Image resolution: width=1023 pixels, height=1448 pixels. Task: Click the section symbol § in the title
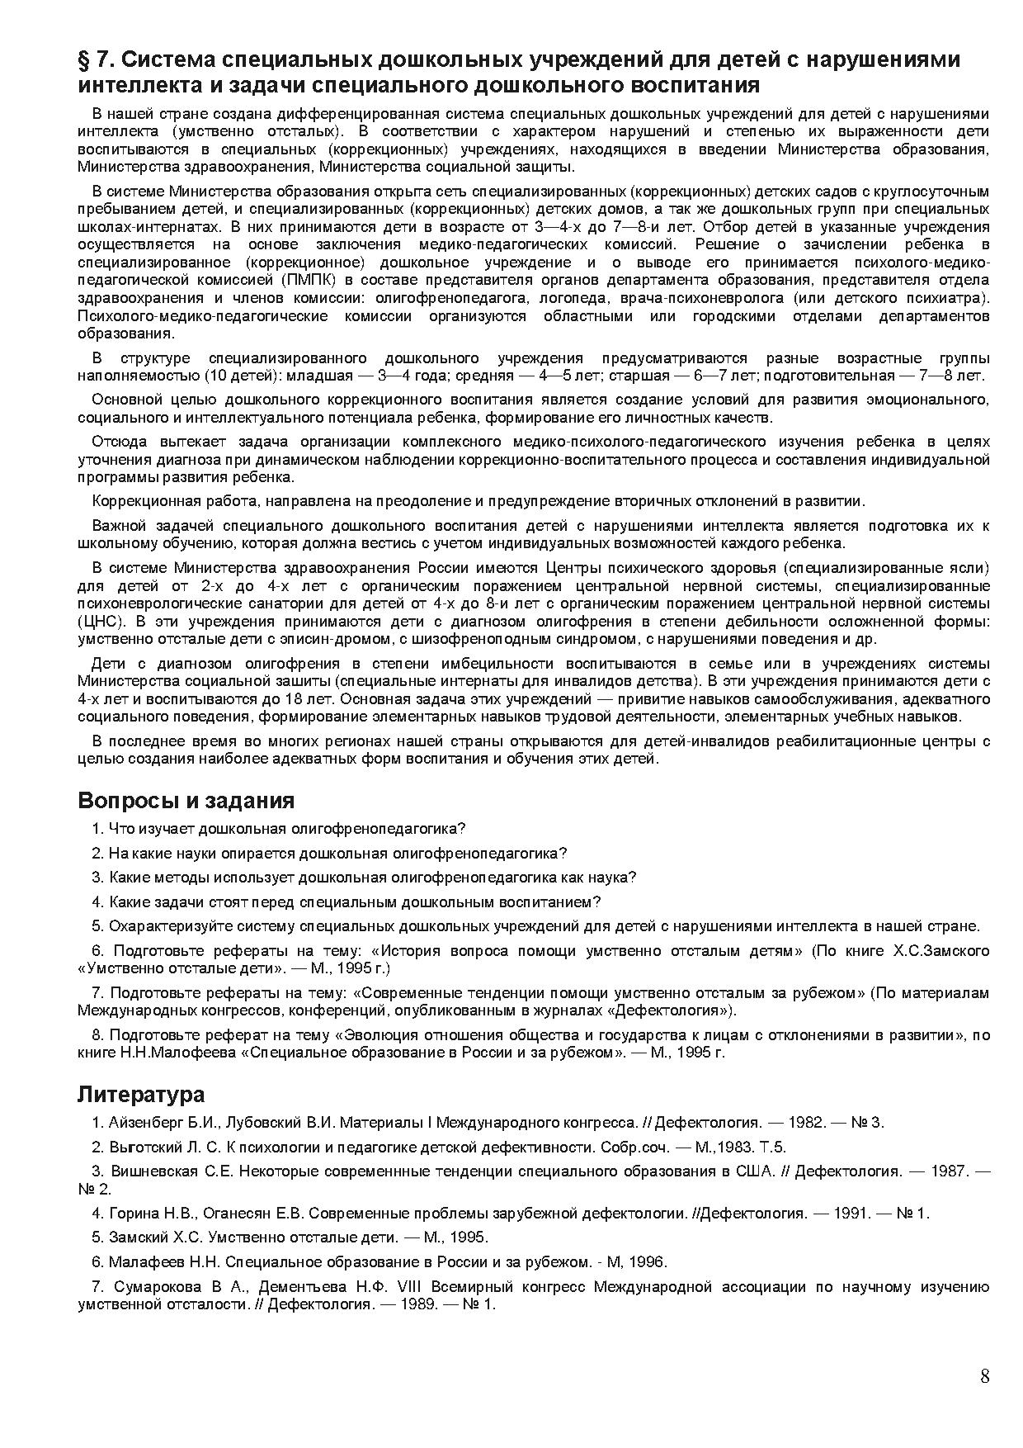(84, 61)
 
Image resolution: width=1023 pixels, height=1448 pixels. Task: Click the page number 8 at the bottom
(984, 1376)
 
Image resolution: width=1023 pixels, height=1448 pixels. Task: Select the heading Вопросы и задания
(186, 800)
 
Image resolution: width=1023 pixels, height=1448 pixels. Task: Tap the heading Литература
(141, 1094)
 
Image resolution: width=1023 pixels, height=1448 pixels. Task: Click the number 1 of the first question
(97, 828)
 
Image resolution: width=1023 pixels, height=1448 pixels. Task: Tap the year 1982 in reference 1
(804, 1122)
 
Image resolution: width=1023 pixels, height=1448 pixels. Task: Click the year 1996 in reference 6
(648, 1261)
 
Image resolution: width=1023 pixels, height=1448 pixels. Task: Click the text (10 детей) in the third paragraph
(243, 376)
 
